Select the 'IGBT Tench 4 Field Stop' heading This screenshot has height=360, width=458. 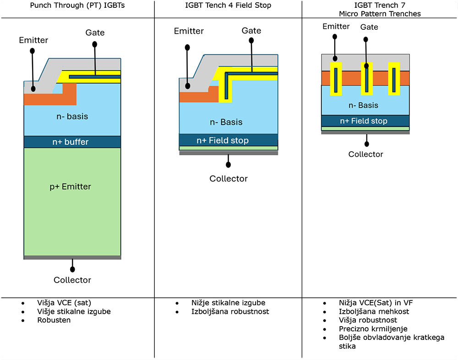228,5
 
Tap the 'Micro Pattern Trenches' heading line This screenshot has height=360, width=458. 380,14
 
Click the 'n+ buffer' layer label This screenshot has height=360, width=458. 72,142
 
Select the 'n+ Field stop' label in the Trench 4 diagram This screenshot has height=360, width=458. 223,141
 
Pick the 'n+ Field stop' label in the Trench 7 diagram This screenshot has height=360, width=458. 364,121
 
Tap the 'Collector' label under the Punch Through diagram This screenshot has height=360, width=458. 72,280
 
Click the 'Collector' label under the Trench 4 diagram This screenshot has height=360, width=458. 229,179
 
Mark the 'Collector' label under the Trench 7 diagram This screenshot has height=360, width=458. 365,154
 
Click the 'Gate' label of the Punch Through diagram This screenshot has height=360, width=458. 95,33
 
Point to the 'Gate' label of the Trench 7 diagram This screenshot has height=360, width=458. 369,27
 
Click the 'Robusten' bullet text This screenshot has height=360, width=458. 54,320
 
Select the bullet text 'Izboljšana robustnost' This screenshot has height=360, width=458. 230,311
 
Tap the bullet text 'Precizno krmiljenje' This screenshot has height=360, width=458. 373,329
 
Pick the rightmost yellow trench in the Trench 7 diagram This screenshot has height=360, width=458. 394,79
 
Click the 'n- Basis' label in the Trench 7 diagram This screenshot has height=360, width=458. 364,105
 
